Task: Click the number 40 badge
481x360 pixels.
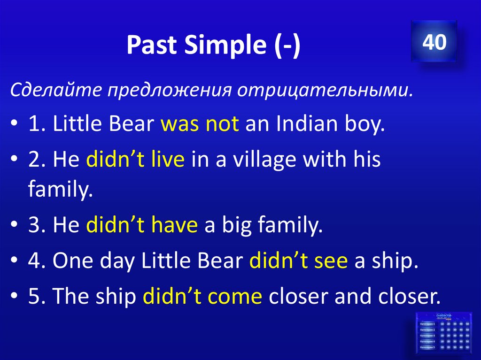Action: pos(434,42)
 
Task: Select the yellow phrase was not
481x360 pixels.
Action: pos(200,125)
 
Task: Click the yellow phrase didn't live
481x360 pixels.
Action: pos(135,160)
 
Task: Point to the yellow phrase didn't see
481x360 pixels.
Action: pos(298,261)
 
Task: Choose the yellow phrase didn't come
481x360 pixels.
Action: pos(202,296)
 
